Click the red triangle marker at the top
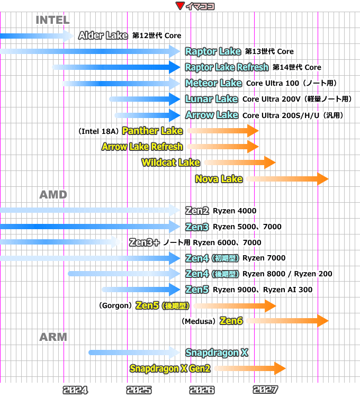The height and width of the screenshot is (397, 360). coord(180,6)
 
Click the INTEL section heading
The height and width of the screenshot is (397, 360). coord(52,20)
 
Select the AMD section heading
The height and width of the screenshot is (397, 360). coord(53,195)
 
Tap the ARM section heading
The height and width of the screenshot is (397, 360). coord(53,337)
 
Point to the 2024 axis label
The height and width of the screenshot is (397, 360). coord(75,390)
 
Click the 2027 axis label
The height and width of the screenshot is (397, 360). coord(265,390)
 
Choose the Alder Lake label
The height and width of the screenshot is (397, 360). coord(103,35)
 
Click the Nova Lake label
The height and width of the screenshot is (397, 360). coord(219,179)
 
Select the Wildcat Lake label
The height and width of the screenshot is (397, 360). coord(170,163)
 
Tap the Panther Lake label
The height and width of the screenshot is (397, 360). coord(152,131)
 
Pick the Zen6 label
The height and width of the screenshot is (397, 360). coord(231,321)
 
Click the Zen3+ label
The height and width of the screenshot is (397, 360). coord(144,242)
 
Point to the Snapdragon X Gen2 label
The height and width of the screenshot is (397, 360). coord(170,368)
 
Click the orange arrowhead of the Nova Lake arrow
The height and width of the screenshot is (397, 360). coord(322,179)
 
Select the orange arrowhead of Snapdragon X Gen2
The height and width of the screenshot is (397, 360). coord(280,368)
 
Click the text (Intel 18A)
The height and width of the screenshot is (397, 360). coord(98,131)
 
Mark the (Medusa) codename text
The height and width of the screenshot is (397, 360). coord(199,321)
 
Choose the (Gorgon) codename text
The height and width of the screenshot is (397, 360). coord(115,305)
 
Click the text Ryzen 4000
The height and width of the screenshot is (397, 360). coord(235,211)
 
